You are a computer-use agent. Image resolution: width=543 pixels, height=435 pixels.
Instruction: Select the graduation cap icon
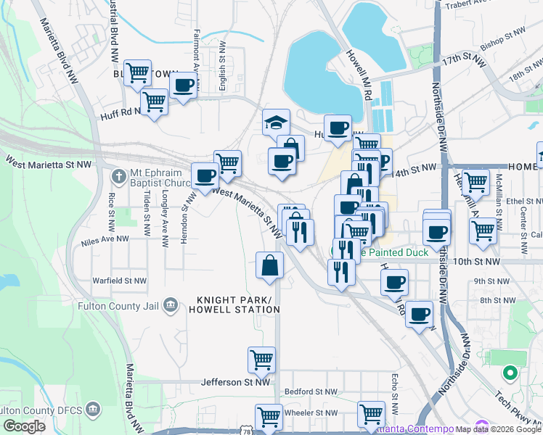click(x=276, y=123)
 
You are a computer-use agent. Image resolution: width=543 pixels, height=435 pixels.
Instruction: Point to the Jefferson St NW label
click(x=235, y=382)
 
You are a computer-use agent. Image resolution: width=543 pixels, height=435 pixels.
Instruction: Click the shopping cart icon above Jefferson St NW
click(x=261, y=359)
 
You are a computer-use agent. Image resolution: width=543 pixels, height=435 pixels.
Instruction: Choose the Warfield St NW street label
click(x=119, y=280)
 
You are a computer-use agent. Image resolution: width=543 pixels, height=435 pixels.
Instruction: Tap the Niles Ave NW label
click(x=105, y=238)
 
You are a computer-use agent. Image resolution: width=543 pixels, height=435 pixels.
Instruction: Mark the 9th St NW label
click(x=492, y=281)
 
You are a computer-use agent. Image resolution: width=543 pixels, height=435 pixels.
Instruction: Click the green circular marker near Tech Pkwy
click(x=510, y=374)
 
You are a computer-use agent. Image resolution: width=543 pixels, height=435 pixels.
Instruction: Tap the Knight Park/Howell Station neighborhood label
click(x=237, y=305)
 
